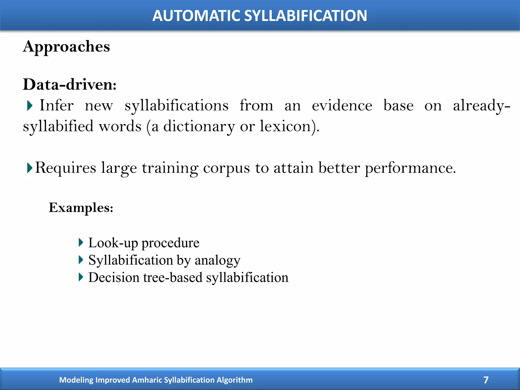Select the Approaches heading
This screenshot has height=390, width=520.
67,46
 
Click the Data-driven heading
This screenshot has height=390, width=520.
70,84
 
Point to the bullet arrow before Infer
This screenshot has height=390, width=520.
29,106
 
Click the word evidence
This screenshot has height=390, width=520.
342,105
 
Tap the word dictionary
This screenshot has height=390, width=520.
199,126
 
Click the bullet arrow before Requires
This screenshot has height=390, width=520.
29,168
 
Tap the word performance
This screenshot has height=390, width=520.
410,168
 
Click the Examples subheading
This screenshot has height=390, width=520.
81,208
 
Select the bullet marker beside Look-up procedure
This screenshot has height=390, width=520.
81,243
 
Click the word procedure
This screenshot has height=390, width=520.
170,243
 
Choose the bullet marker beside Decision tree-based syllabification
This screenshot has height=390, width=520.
81,277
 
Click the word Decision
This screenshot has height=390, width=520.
114,277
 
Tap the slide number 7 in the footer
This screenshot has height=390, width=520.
486,380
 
